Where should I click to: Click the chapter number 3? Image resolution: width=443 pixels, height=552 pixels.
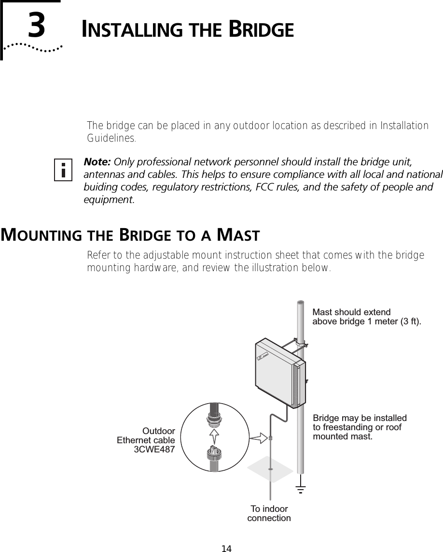pyautogui.click(x=37, y=27)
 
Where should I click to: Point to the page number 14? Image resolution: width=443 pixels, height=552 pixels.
pyautogui.click(x=226, y=548)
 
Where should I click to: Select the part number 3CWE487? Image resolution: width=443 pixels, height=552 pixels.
pyautogui.click(x=154, y=450)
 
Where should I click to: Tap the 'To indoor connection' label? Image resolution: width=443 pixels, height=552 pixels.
pyautogui.click(x=269, y=513)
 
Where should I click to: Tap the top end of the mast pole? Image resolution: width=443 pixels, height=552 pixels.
pyautogui.click(x=300, y=304)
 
